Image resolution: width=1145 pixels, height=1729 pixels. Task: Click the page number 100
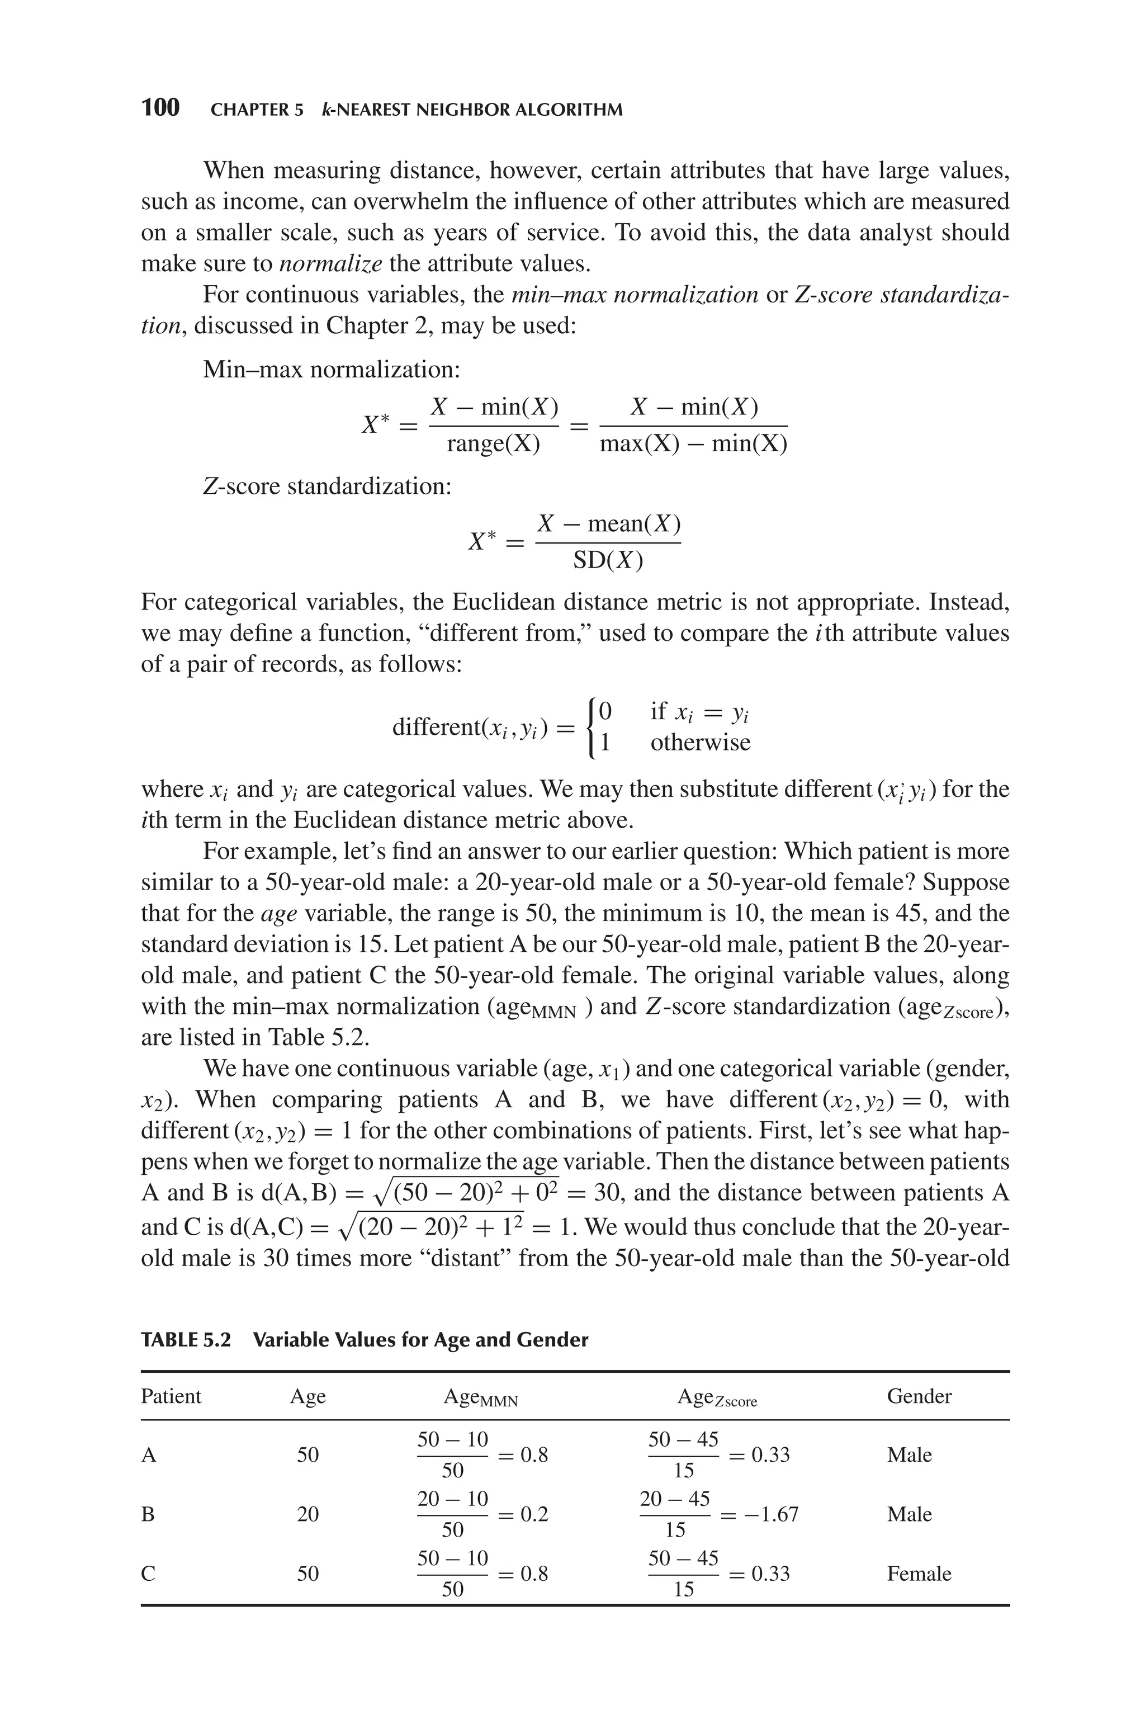(160, 108)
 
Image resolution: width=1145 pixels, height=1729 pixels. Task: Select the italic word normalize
(330, 263)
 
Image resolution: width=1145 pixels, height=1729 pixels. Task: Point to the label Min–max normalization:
(332, 370)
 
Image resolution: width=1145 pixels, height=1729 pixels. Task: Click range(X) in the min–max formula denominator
(493, 444)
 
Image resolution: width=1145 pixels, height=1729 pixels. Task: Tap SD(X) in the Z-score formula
(608, 561)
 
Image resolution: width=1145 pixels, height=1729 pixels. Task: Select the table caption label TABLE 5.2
(186, 1340)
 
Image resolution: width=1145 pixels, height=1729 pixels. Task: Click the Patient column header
(171, 1396)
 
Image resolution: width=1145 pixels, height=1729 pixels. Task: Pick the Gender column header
(919, 1396)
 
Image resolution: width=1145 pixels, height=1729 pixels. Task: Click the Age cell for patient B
(307, 1514)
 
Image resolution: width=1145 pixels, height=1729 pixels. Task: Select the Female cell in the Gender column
(919, 1574)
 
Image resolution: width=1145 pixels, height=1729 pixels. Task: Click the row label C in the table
(148, 1574)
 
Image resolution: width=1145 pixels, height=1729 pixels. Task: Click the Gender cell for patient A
(909, 1455)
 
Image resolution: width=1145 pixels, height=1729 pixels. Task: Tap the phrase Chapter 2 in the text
(377, 325)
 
